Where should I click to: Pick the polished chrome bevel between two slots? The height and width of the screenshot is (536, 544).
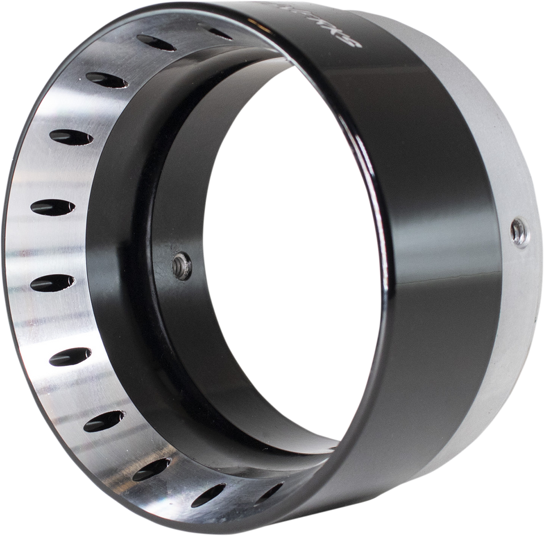click(51, 244)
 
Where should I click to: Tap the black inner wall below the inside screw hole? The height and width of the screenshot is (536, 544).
click(187, 340)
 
